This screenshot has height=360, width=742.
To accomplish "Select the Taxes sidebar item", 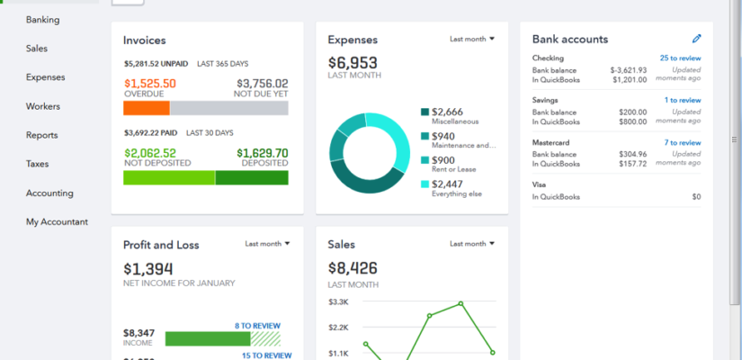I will [x=37, y=164].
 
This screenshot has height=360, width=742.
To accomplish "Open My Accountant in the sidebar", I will [x=57, y=221].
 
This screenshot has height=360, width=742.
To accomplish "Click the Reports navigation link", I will [x=41, y=135].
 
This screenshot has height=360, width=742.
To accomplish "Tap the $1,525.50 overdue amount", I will [x=149, y=83].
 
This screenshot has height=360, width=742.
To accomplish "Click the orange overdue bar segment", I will [x=146, y=108].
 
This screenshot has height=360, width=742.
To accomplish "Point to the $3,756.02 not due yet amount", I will [x=261, y=83].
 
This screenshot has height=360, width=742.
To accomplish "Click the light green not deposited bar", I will [x=169, y=177].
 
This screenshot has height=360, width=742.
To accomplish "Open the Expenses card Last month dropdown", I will [x=472, y=39].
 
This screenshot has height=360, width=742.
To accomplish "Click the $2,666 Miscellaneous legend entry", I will [x=448, y=112].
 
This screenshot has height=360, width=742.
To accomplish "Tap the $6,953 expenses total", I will [x=353, y=63].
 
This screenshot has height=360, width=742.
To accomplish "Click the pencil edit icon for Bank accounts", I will [x=696, y=39].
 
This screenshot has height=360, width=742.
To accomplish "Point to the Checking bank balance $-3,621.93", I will [x=628, y=69].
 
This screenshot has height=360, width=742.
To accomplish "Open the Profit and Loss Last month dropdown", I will [x=268, y=243].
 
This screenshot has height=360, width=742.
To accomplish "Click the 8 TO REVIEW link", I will [x=257, y=326].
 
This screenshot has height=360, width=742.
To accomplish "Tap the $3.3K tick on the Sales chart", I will [x=338, y=301].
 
